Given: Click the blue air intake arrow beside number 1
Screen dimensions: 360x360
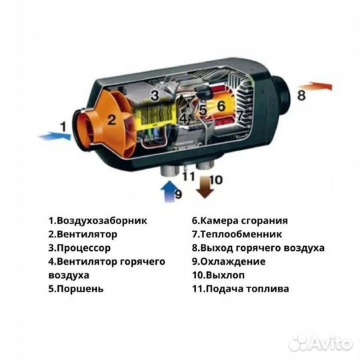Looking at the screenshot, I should point(54,136).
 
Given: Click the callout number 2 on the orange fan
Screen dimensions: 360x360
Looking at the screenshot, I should point(112,120).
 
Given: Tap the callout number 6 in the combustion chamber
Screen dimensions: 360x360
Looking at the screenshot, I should point(221,104).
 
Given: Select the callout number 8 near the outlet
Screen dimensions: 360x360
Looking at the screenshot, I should point(301,95).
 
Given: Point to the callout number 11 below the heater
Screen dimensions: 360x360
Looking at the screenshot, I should point(188,176).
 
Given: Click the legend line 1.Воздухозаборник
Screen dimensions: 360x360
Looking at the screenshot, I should point(97,221).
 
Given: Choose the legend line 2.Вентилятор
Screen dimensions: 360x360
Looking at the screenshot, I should point(82,234).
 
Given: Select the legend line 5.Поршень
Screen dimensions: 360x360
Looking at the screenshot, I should point(75,289).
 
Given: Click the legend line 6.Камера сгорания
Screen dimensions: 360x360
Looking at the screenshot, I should point(240,221).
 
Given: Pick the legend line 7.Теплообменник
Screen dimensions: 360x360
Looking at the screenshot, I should point(237,234).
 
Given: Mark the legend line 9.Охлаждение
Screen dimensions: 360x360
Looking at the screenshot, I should point(228,261).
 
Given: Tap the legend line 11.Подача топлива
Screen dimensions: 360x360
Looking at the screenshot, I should point(241,289).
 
